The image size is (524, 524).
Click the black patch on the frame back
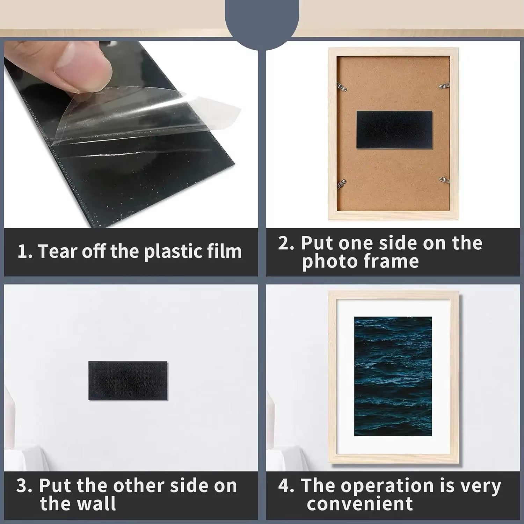click(x=394, y=130)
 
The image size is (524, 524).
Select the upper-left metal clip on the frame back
click(x=342, y=86)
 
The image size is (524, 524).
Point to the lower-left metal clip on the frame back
click(x=341, y=184)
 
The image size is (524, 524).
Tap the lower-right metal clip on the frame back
click(x=444, y=180)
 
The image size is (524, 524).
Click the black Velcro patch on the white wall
click(x=128, y=380)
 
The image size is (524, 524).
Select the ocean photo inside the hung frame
click(x=393, y=376)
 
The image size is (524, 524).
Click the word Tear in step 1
click(x=57, y=251)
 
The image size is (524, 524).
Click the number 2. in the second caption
click(x=286, y=243)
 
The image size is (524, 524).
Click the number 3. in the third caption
click(x=24, y=486)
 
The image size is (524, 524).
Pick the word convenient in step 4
click(x=360, y=504)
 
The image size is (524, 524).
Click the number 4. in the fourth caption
click(x=286, y=486)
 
